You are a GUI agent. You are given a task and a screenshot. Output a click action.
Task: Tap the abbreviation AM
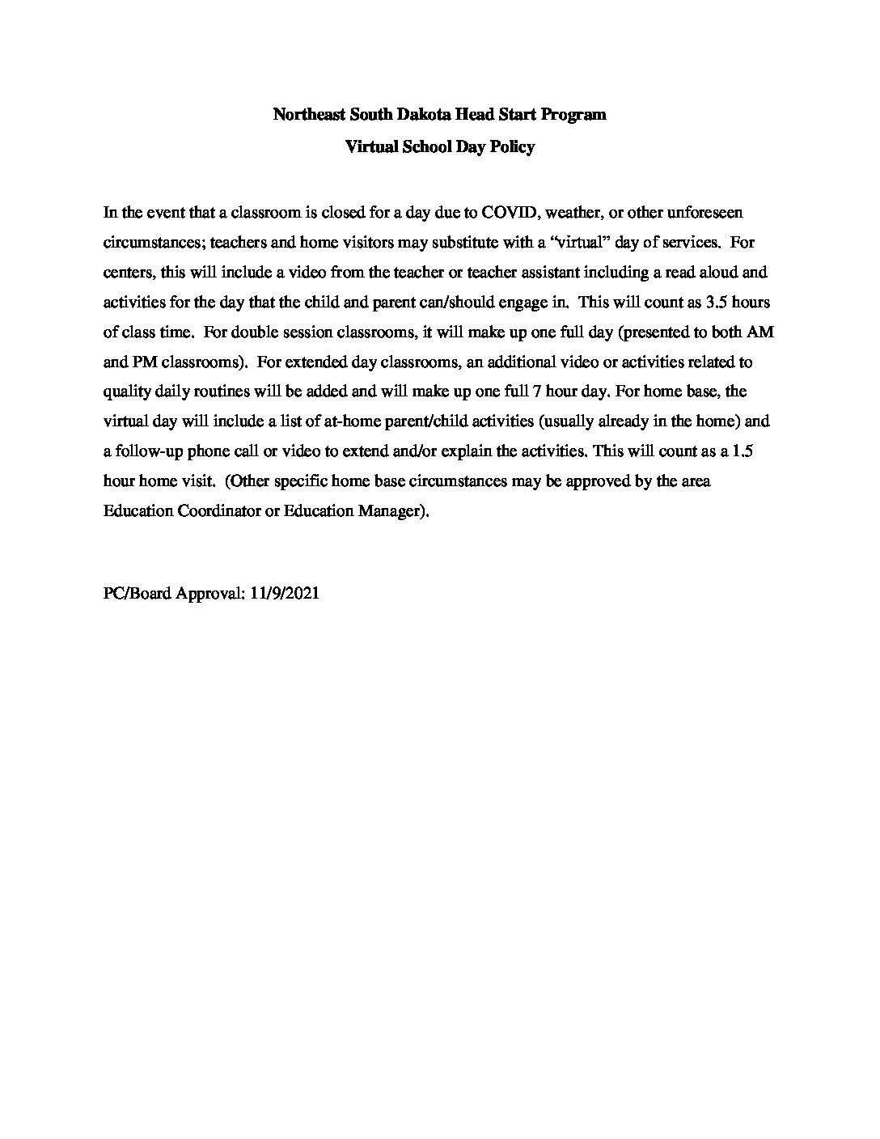[x=761, y=332]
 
